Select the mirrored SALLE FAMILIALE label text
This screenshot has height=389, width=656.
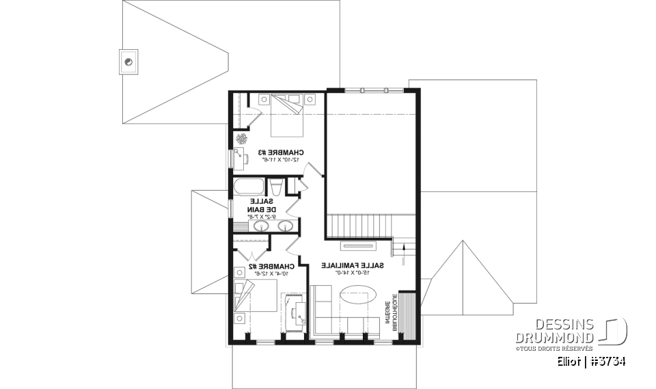[x=353, y=265]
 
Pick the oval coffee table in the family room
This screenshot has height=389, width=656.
[x=353, y=297]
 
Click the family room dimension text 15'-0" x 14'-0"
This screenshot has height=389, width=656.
[x=353, y=273]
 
